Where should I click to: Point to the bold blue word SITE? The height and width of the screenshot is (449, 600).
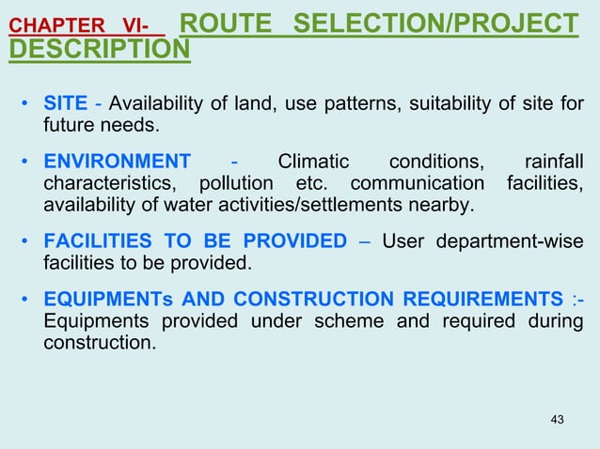65,103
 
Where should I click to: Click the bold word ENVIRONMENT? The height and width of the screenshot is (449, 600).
117,161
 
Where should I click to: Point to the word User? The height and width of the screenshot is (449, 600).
403,241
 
